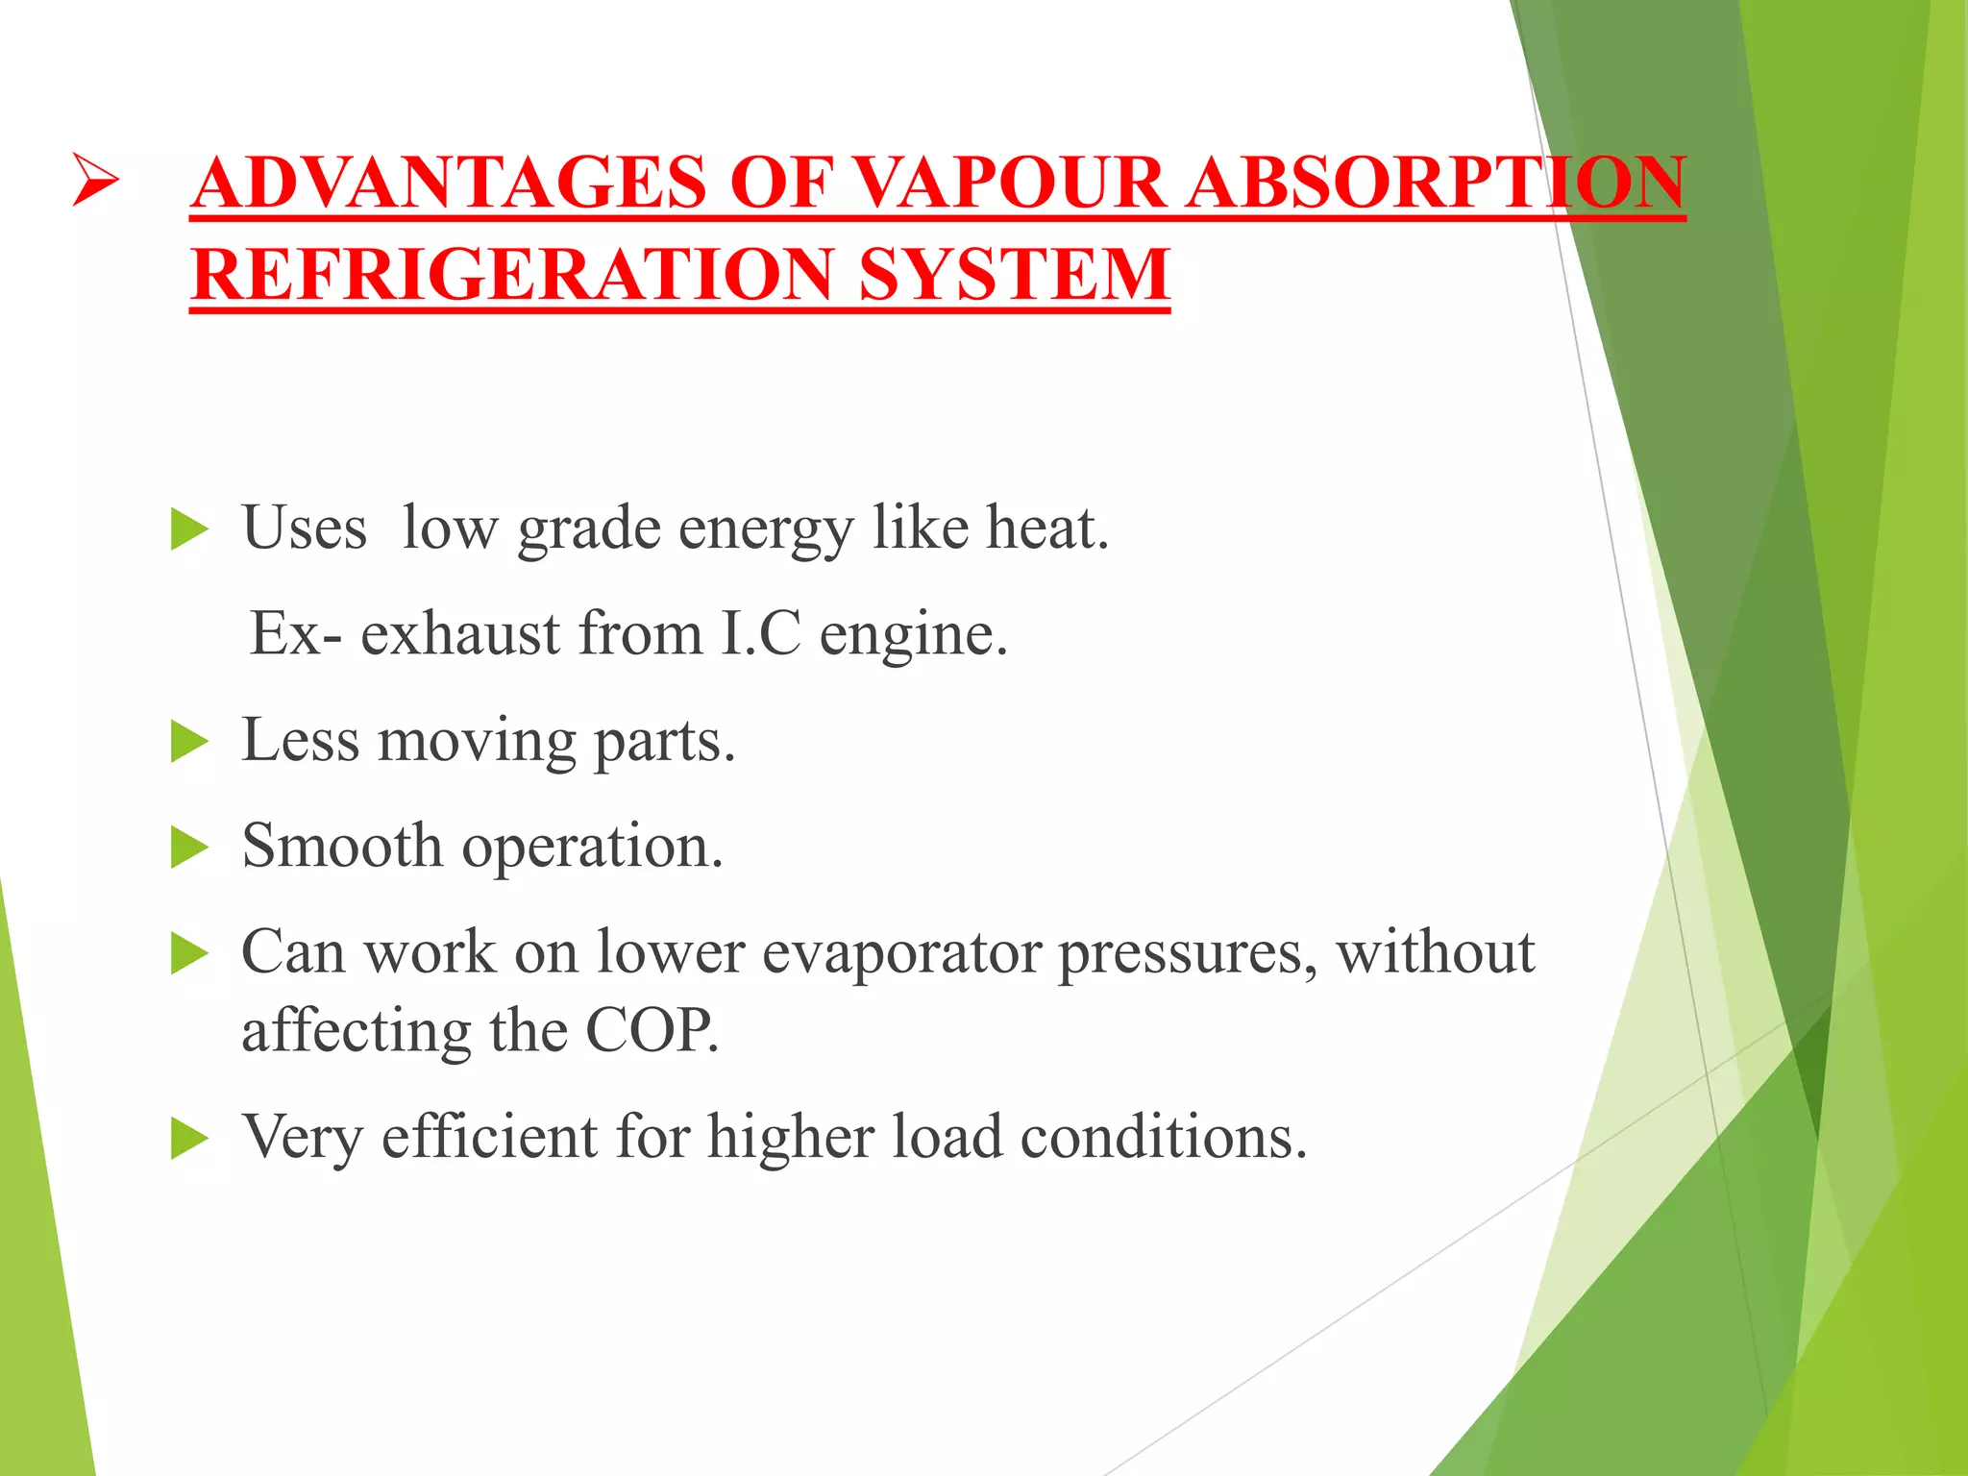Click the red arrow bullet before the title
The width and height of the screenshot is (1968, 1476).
(x=95, y=182)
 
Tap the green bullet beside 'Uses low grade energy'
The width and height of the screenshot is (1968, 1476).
(x=188, y=529)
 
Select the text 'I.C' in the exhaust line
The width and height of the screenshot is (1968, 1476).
(x=760, y=634)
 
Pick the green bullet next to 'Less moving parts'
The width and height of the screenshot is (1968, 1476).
(x=188, y=742)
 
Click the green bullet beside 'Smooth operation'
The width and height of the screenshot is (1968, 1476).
(x=188, y=849)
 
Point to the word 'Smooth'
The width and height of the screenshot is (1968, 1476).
(x=342, y=847)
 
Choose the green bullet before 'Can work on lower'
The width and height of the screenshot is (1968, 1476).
(x=188, y=954)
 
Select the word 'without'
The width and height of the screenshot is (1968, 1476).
(x=1435, y=952)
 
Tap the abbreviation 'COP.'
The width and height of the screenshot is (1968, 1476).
(x=652, y=1031)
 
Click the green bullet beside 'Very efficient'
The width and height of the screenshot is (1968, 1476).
(x=188, y=1139)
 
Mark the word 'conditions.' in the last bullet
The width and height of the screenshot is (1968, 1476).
(x=1164, y=1137)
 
